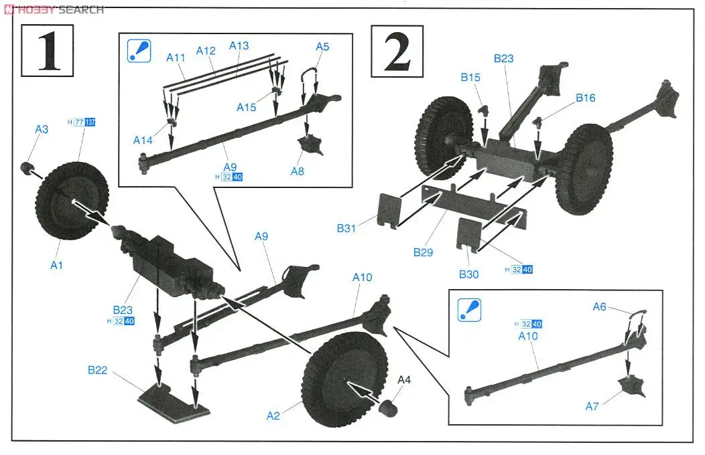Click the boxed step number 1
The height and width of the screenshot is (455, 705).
click(x=46, y=50)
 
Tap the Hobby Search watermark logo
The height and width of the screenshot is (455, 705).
click(x=54, y=9)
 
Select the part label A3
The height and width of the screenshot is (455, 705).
click(x=42, y=129)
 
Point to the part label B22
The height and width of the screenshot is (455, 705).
click(x=98, y=370)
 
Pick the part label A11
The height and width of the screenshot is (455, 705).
click(x=176, y=58)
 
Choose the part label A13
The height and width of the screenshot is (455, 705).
click(x=239, y=45)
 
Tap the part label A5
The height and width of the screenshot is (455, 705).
click(x=322, y=46)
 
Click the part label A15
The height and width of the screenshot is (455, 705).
click(x=246, y=107)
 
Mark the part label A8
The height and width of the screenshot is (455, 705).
click(x=298, y=171)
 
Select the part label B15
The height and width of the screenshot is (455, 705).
click(x=470, y=77)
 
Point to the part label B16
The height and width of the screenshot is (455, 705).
click(x=584, y=98)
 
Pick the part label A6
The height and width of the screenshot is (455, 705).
click(x=600, y=306)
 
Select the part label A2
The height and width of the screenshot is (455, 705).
click(x=273, y=416)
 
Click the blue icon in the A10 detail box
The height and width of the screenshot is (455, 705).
click(x=467, y=309)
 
